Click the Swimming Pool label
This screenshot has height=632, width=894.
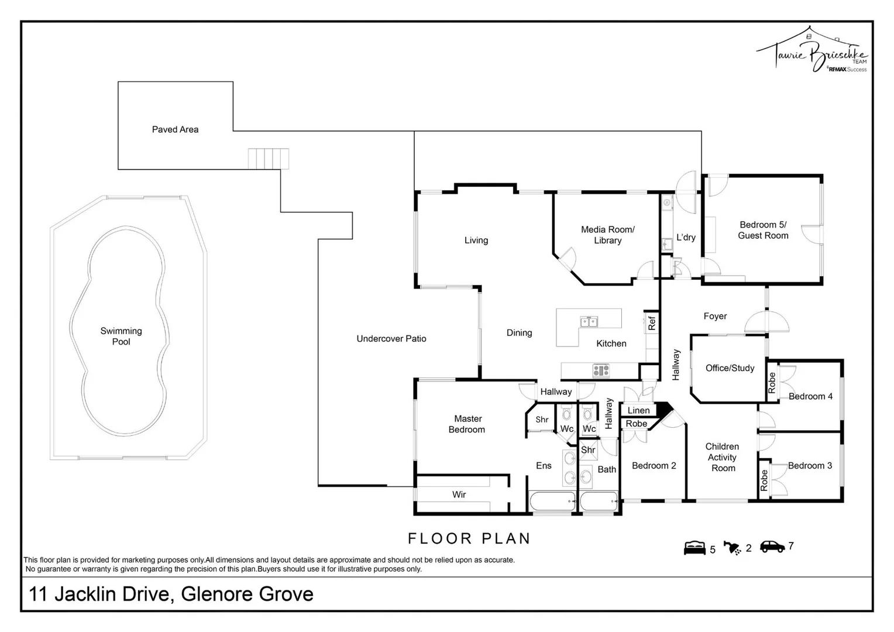pyautogui.click(x=121, y=336)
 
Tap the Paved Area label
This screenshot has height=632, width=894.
pyautogui.click(x=175, y=129)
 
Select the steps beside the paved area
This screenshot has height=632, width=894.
pyautogui.click(x=269, y=159)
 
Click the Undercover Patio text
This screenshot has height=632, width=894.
pyautogui.click(x=391, y=338)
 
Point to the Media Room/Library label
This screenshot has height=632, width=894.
pyautogui.click(x=607, y=235)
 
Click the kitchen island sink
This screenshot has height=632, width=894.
pyautogui.click(x=589, y=321)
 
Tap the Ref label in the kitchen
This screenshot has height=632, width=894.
pyautogui.click(x=652, y=322)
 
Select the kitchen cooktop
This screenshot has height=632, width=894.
pyautogui.click(x=601, y=370)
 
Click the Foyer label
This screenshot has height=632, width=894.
pyautogui.click(x=715, y=316)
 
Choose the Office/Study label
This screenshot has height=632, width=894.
pyautogui.click(x=730, y=367)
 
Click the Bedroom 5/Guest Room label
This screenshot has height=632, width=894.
pyautogui.click(x=763, y=230)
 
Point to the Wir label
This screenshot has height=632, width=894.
pyautogui.click(x=459, y=494)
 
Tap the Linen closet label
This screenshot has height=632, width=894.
pyautogui.click(x=638, y=410)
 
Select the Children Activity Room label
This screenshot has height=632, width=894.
pyautogui.click(x=723, y=457)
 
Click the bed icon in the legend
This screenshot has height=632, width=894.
pyautogui.click(x=694, y=548)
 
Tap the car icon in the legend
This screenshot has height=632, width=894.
pyautogui.click(x=772, y=546)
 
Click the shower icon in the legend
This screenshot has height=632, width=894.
pyautogui.click(x=732, y=548)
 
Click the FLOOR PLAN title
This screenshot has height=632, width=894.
pyautogui.click(x=469, y=538)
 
